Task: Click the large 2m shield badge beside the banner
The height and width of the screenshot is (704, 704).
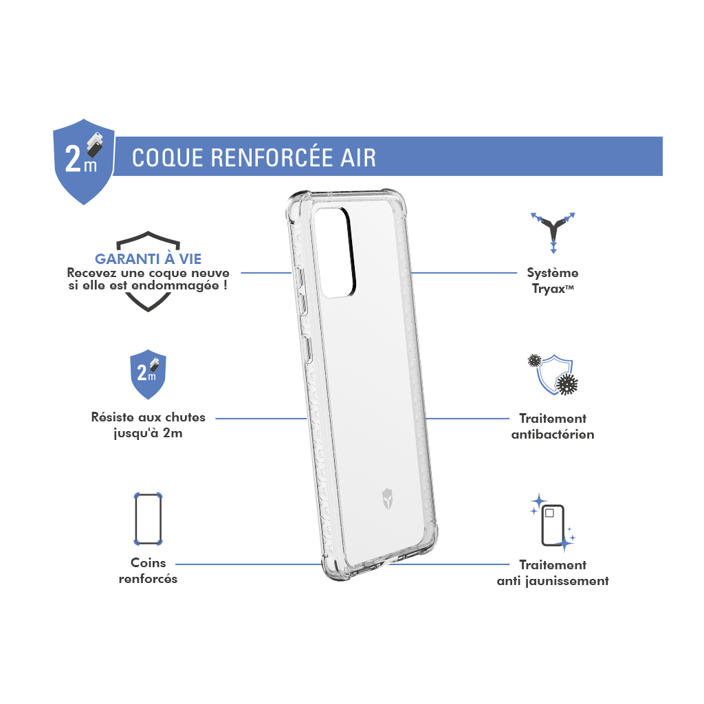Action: [x=84, y=162]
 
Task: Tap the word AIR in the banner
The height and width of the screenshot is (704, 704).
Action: [x=357, y=158]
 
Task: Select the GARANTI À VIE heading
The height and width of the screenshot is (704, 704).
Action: [x=148, y=258]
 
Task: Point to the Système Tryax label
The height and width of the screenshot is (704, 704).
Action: [x=553, y=280]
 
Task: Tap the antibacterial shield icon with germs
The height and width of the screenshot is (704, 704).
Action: [x=553, y=375]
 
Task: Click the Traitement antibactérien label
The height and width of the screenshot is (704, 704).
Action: [x=553, y=426]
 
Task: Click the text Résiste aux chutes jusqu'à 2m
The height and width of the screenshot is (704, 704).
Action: [x=148, y=425]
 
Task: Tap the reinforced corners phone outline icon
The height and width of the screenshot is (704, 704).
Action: [x=148, y=519]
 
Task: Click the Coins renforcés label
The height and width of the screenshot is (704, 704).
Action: [x=148, y=571]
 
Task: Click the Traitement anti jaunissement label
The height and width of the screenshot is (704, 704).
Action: [x=553, y=573]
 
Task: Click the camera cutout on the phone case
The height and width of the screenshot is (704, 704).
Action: [x=335, y=252]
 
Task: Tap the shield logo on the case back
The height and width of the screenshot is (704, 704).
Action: [x=387, y=498]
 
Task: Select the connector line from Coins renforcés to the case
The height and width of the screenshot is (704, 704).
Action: [x=249, y=564]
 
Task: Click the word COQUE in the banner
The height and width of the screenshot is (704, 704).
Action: [x=168, y=158]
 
